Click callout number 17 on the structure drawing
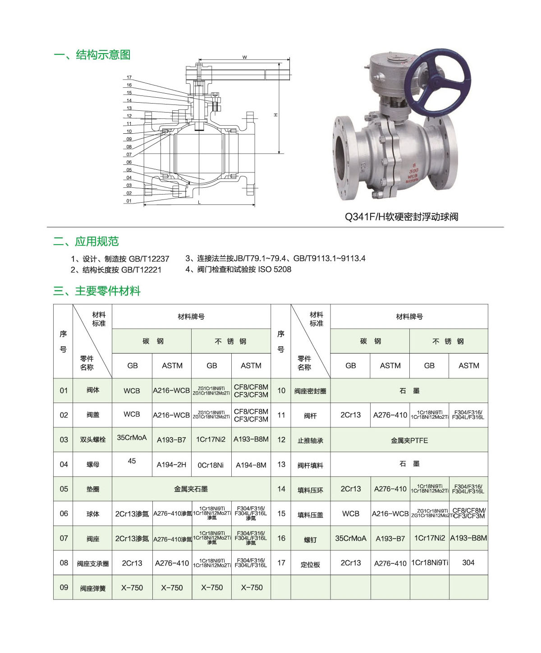click(x=129, y=77)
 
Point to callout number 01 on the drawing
click(x=129, y=201)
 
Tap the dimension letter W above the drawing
click(x=244, y=57)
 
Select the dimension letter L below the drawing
click(x=199, y=203)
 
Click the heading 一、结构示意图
click(x=92, y=55)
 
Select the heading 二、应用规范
click(x=86, y=241)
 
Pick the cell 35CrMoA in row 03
click(x=132, y=437)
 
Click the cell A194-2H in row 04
click(x=171, y=465)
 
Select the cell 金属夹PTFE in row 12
click(x=409, y=440)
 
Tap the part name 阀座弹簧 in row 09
click(x=93, y=588)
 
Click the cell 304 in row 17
click(x=468, y=562)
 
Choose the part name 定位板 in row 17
click(x=310, y=564)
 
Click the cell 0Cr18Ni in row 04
click(x=211, y=465)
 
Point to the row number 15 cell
click(x=281, y=513)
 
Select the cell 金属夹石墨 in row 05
click(x=191, y=489)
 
